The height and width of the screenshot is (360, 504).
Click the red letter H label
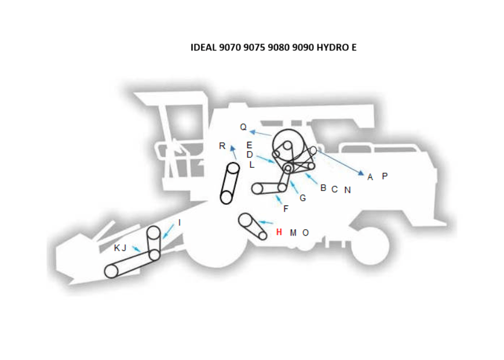(279, 233)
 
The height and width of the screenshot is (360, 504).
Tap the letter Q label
(243, 127)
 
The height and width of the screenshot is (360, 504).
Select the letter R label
(222, 146)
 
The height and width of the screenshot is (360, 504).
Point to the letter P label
(385, 176)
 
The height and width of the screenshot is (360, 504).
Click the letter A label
(370, 177)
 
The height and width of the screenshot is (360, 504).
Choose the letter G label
(302, 198)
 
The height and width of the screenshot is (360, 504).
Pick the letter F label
(286, 209)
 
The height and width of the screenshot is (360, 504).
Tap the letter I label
(180, 222)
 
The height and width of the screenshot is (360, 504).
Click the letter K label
(116, 248)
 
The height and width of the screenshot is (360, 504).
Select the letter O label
(306, 233)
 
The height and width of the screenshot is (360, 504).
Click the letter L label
(251, 164)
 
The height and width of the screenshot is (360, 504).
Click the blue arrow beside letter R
(233, 153)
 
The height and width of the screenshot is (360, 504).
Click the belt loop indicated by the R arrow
(229, 183)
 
